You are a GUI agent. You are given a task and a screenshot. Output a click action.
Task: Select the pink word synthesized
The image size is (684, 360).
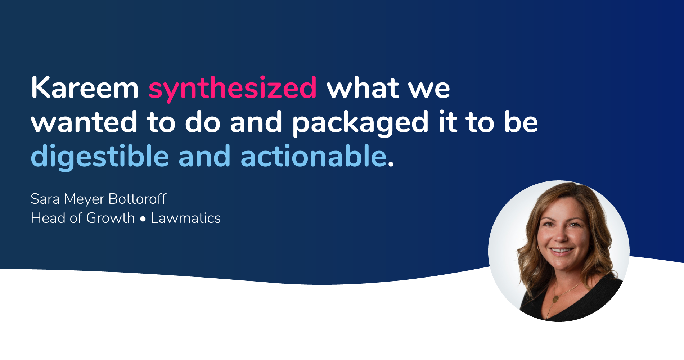[x=233, y=89]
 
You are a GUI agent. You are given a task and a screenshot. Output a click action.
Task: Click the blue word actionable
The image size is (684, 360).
[x=314, y=156]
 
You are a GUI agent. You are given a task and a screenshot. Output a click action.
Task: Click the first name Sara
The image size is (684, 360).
[x=45, y=199]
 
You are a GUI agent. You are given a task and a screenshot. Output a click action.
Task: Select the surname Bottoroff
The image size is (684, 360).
[x=137, y=199]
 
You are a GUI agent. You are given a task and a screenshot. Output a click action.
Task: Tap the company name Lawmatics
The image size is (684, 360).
[x=185, y=218]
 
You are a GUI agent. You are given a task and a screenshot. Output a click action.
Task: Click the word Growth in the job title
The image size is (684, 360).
[x=110, y=218]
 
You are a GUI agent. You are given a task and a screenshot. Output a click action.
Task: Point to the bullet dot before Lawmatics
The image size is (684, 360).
[x=143, y=219]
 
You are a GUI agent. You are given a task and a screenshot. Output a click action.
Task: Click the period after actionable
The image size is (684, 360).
[x=391, y=165]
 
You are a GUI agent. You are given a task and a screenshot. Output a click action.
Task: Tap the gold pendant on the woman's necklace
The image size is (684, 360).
[x=555, y=298]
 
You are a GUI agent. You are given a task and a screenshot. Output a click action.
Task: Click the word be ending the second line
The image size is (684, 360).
[x=521, y=121]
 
